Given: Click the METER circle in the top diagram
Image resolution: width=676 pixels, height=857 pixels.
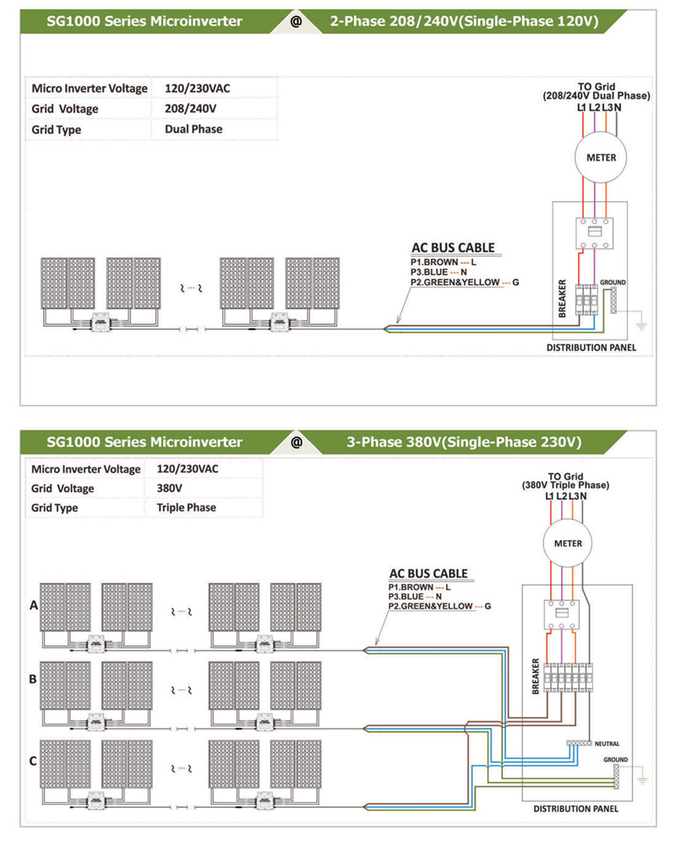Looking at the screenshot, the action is (601, 157).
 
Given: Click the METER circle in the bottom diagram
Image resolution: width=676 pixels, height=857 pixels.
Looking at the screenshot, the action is (568, 543).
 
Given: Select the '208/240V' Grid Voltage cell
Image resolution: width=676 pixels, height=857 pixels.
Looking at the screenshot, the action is (190, 109).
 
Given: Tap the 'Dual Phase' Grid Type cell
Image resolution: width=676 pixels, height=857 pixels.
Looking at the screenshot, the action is (194, 129).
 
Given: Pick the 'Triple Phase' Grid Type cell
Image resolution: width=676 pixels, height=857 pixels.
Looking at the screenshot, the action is (186, 507).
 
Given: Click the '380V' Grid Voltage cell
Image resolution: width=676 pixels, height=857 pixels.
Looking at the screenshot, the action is (170, 488).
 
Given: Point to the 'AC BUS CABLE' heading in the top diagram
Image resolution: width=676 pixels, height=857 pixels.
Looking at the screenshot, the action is (453, 247).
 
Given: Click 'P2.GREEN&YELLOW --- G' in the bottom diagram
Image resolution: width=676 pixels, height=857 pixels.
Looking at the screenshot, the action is (439, 606).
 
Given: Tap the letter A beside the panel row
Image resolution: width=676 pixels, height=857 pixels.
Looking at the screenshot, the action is (34, 605).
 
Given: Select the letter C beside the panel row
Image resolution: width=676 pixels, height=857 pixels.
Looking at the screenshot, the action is (33, 761).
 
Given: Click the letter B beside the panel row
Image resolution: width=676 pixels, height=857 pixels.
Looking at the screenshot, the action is (33, 679).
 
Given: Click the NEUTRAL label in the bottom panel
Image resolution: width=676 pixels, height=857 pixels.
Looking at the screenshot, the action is (607, 744).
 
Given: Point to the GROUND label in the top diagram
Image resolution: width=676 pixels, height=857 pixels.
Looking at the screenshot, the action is (613, 283).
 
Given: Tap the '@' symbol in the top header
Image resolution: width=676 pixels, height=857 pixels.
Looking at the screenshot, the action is (296, 21).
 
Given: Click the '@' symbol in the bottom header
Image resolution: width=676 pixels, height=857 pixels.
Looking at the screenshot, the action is (297, 442).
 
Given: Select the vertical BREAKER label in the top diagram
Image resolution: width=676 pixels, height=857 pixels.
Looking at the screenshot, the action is (562, 298).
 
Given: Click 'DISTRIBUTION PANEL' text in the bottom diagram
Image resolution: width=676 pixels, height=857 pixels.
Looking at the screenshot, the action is (576, 808).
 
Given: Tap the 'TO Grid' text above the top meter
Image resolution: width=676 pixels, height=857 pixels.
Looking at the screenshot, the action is (597, 86).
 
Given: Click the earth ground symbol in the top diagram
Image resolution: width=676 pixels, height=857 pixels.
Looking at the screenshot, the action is (641, 326).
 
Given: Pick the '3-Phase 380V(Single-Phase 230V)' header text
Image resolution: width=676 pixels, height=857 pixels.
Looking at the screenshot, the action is (464, 442).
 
